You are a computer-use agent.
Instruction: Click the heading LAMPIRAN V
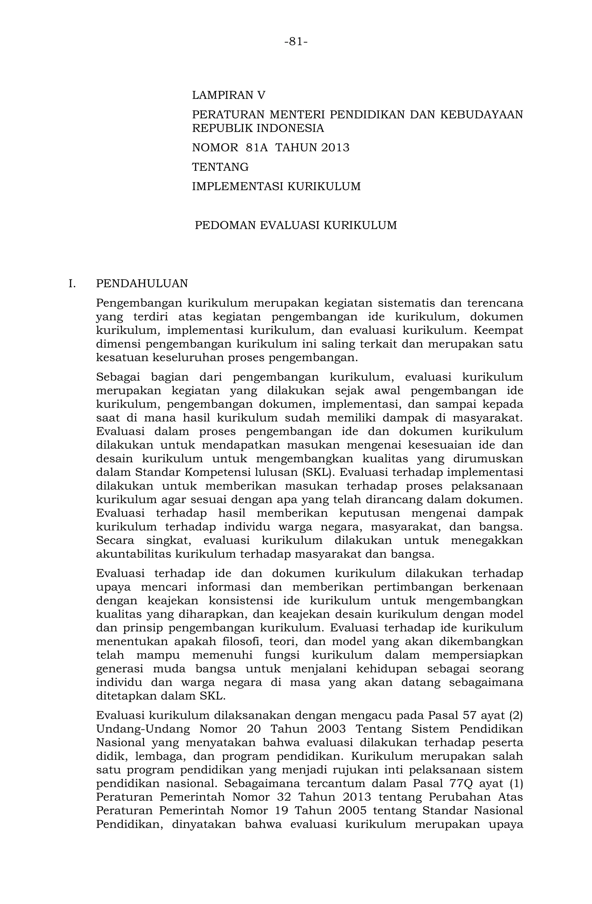(x=228, y=95)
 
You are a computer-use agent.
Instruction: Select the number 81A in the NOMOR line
(x=257, y=147)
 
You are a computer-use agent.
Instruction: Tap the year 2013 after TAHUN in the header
(x=335, y=147)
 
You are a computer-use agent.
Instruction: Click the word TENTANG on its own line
(x=220, y=167)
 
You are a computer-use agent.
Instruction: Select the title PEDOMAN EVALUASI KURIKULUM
(x=296, y=225)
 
